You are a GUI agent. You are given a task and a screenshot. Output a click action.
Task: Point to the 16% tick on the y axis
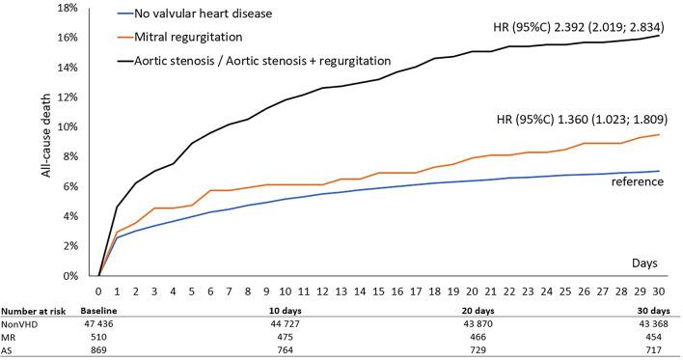67,37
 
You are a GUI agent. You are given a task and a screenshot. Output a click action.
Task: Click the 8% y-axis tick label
69,156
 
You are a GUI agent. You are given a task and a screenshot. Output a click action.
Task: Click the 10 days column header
281,311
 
